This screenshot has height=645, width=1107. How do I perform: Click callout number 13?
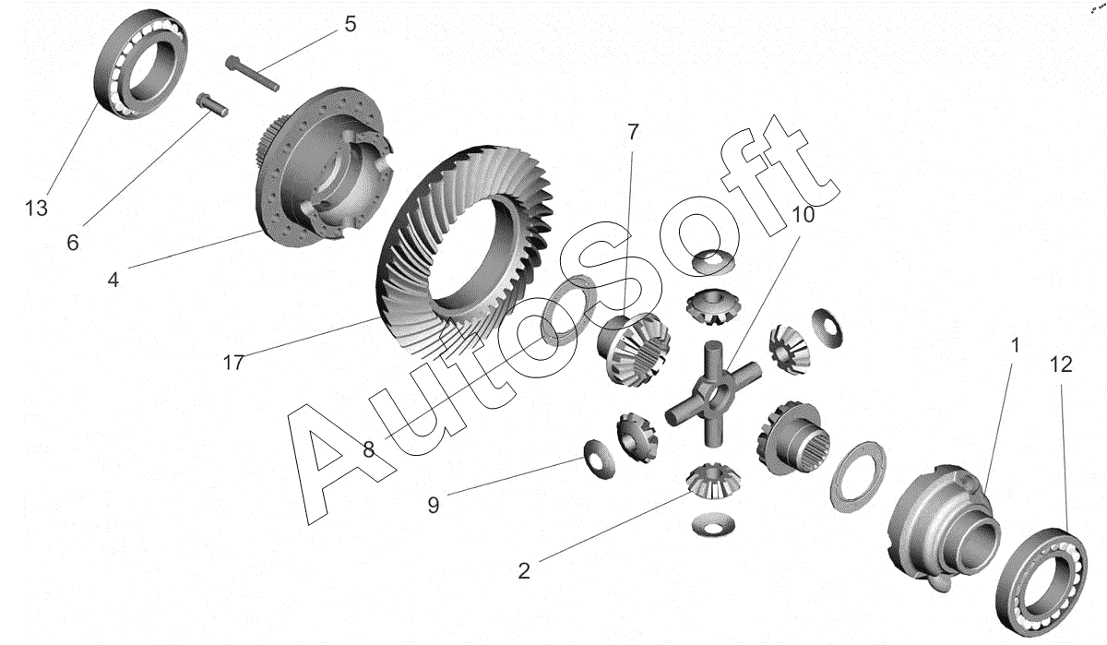(36, 209)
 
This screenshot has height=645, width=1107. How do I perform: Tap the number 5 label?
(351, 24)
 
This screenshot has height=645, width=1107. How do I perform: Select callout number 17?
(233, 363)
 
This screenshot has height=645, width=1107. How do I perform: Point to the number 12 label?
(1061, 364)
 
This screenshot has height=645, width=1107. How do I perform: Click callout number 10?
(803, 215)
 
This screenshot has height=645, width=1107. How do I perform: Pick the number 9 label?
(434, 505)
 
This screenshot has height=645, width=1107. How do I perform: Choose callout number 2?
(524, 571)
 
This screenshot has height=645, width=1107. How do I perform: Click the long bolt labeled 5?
(252, 73)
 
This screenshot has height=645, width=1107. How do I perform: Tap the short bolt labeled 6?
(211, 105)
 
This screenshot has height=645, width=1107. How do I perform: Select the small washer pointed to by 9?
(600, 460)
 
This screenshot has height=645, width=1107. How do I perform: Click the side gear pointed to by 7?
(634, 349)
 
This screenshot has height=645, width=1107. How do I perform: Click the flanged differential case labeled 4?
(324, 167)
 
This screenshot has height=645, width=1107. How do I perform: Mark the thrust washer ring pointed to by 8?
(569, 310)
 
